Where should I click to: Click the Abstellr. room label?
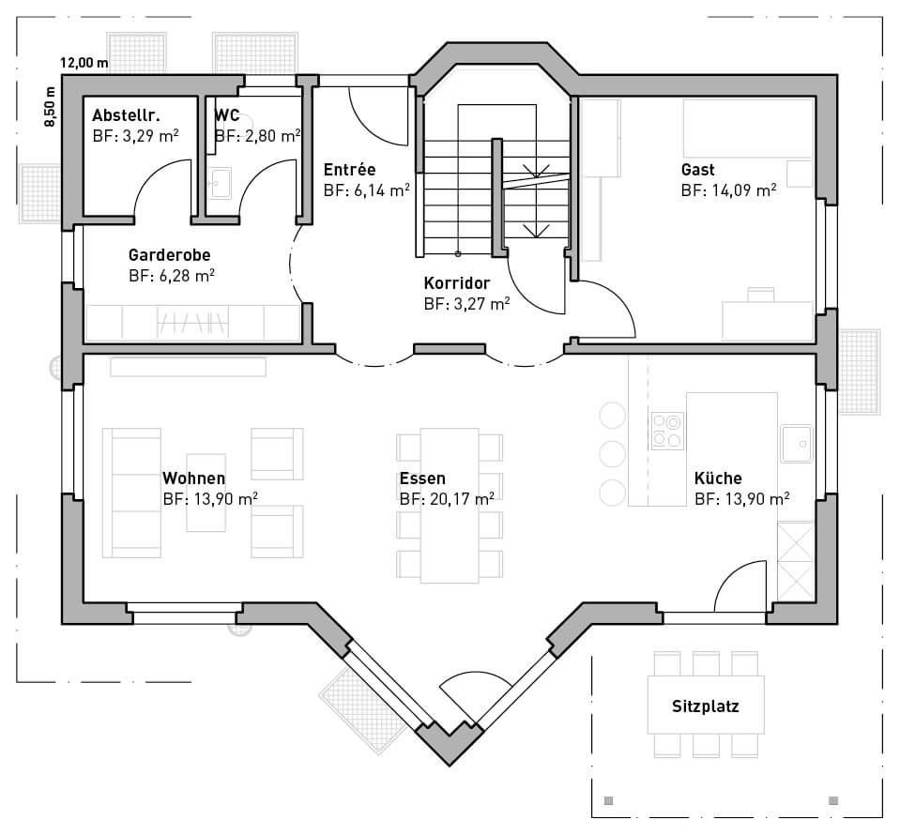coord(127,115)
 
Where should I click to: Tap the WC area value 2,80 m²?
coord(258,136)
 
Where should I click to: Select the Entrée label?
coord(349,170)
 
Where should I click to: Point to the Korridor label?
coord(457,283)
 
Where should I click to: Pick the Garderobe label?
coord(169,255)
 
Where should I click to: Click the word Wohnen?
coord(194,478)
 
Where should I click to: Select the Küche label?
coord(718,478)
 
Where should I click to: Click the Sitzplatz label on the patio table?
coord(706,706)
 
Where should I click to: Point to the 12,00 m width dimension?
coord(84,63)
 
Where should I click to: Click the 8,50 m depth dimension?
coord(51,107)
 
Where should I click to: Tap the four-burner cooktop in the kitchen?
coord(667,431)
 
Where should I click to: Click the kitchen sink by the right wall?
coord(796,444)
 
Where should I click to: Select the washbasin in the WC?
coord(220,184)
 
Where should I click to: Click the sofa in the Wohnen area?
coord(132,493)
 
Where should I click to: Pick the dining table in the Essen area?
coord(450,506)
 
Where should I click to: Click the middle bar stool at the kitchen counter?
coord(613,454)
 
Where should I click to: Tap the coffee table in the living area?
coord(206,493)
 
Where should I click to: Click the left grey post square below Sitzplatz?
coord(609,800)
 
